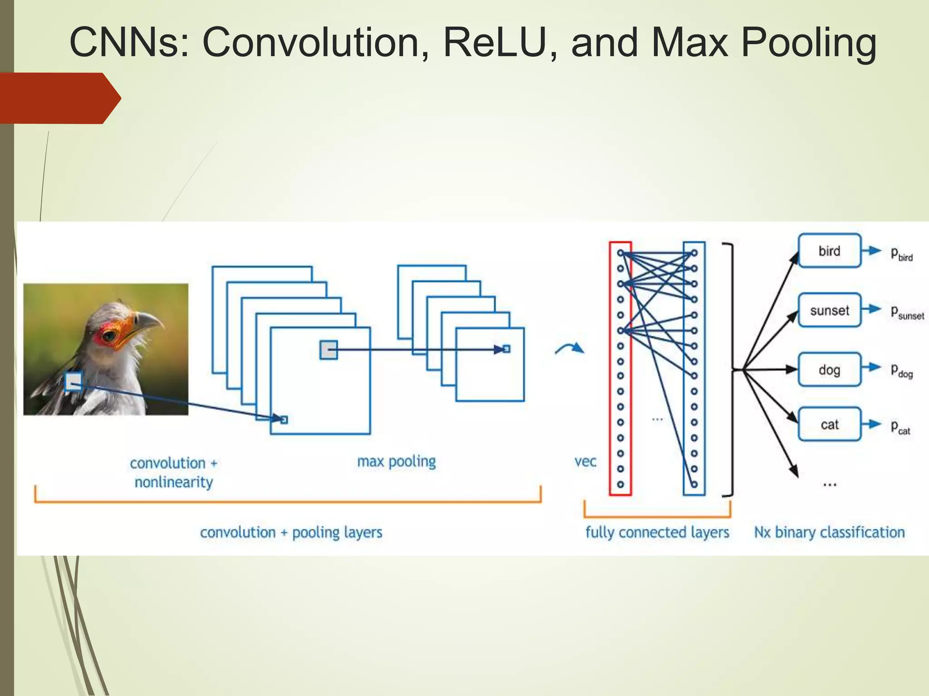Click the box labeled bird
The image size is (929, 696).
click(829, 251)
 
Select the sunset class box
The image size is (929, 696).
click(829, 310)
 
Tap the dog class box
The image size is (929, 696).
click(829, 370)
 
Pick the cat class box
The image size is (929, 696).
click(829, 424)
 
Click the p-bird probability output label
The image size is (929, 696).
click(901, 254)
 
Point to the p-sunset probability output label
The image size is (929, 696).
click(906, 313)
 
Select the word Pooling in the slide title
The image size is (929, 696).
click(808, 43)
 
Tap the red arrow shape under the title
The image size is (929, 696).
click(59, 98)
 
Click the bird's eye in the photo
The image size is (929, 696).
click(109, 336)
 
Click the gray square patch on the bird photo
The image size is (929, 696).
click(73, 382)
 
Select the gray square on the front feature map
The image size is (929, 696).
click(328, 350)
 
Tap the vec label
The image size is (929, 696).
click(585, 462)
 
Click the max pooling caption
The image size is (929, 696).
click(396, 462)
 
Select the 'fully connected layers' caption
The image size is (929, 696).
click(657, 532)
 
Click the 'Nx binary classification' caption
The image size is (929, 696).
click(829, 532)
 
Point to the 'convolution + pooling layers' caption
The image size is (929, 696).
click(291, 532)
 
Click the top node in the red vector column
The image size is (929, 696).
click(620, 253)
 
